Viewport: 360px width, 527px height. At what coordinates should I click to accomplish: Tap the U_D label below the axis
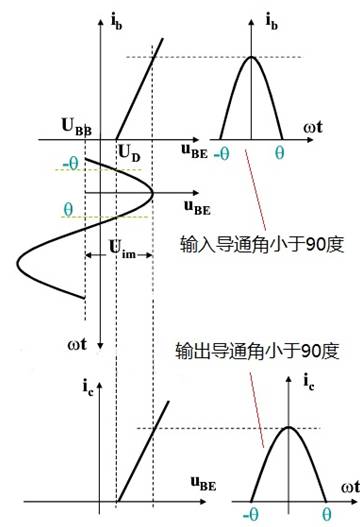[128, 152]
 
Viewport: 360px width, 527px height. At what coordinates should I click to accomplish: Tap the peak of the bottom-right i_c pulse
[288, 428]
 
